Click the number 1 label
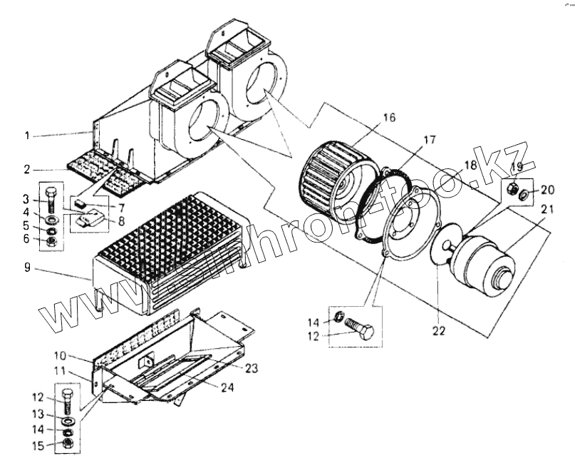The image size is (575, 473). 26,135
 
